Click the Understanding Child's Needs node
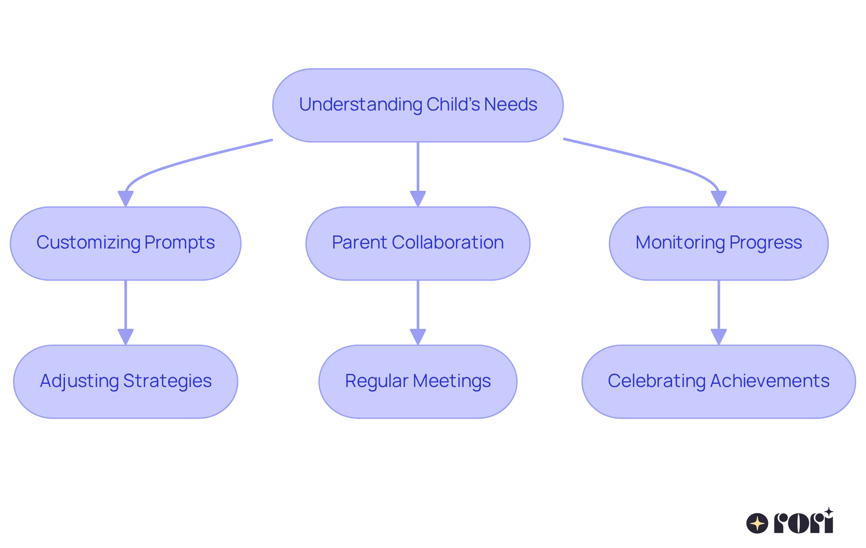click(x=418, y=106)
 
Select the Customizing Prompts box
click(x=125, y=244)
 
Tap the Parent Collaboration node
click(x=418, y=244)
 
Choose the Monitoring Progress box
click(x=719, y=244)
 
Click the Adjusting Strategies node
click(x=125, y=382)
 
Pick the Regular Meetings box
click(x=418, y=382)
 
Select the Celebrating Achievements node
click(x=719, y=382)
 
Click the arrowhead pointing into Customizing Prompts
click(x=125, y=198)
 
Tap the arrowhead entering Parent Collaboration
click(x=418, y=198)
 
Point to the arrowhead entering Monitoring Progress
click(x=719, y=198)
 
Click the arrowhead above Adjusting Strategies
click(x=125, y=336)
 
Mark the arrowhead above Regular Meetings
click(x=418, y=336)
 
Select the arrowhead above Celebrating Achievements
click(x=719, y=336)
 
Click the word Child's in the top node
click(x=453, y=105)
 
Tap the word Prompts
click(x=180, y=243)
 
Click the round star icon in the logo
click(x=757, y=524)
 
